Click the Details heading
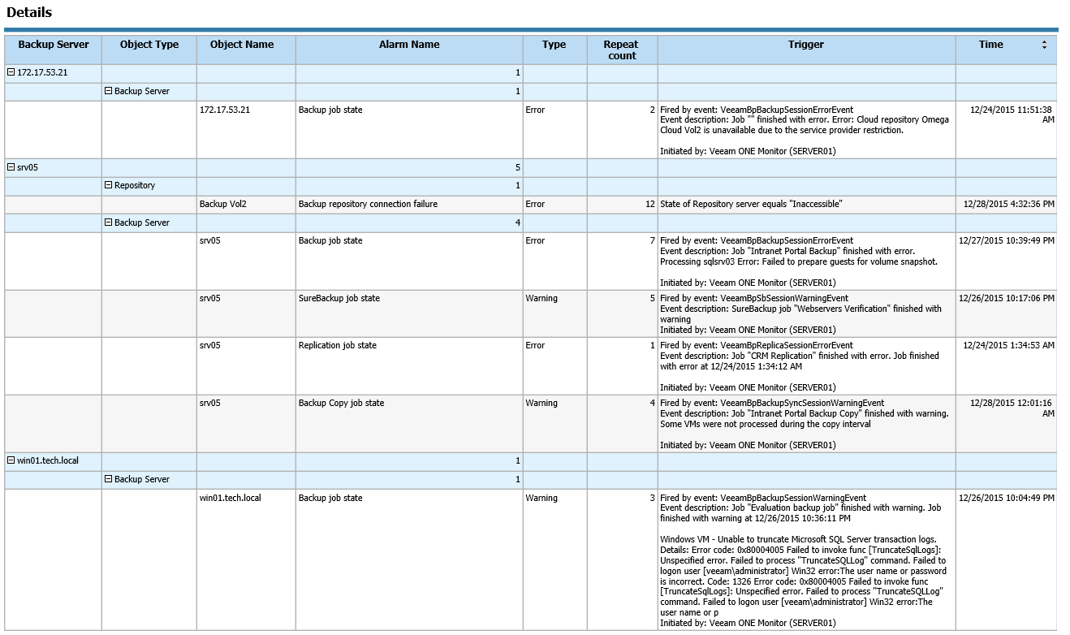(29, 12)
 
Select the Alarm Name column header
(409, 45)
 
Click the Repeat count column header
(621, 50)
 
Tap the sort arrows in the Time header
(1044, 45)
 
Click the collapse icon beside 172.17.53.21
(11, 73)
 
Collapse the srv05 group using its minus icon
(11, 167)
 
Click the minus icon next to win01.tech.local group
(11, 460)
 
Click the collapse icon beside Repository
(108, 185)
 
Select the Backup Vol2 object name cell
(223, 204)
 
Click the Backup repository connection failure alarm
(368, 204)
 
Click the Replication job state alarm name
(337, 345)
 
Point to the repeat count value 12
(649, 204)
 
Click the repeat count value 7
(652, 240)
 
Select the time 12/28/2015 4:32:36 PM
(1009, 204)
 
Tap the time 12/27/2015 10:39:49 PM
(1007, 240)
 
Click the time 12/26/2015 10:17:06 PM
(1007, 298)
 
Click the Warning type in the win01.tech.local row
(541, 498)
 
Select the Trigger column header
(805, 45)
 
